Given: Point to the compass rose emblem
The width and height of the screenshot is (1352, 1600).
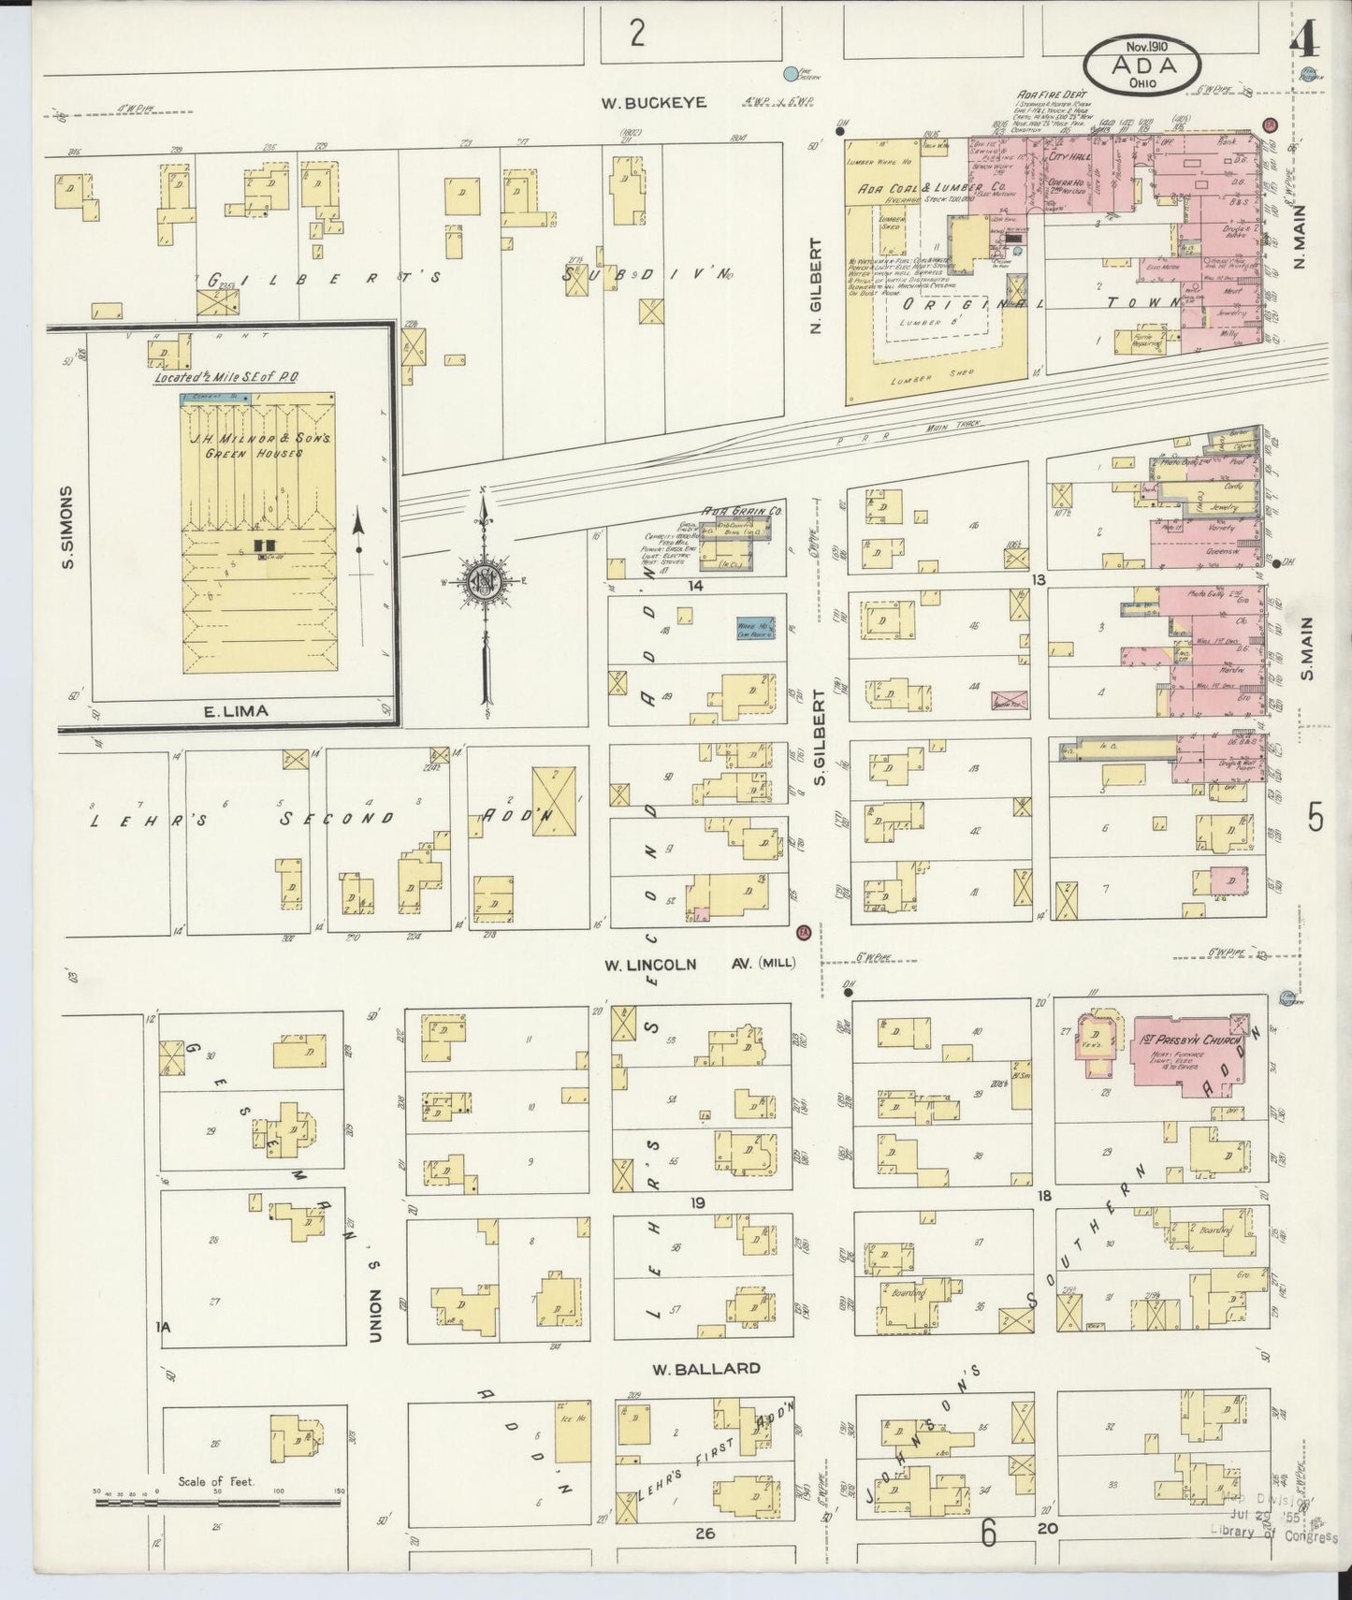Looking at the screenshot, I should point(486,580).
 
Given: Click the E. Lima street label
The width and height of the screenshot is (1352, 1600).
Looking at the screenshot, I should point(236,711).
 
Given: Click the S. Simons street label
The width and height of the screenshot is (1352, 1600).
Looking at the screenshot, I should point(66,526).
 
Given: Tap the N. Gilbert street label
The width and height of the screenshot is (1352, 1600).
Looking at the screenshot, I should point(815,285).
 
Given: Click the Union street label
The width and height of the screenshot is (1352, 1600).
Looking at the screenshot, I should point(375,1315).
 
